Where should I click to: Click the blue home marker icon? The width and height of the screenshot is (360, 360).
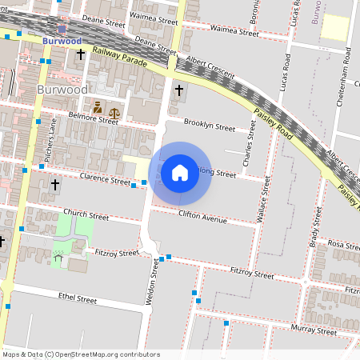[x=180, y=173]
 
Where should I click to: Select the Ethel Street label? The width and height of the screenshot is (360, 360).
[x=78, y=298]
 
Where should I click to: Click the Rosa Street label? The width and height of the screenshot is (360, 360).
[x=344, y=245]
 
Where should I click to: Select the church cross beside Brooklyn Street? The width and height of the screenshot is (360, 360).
[x=178, y=90]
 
